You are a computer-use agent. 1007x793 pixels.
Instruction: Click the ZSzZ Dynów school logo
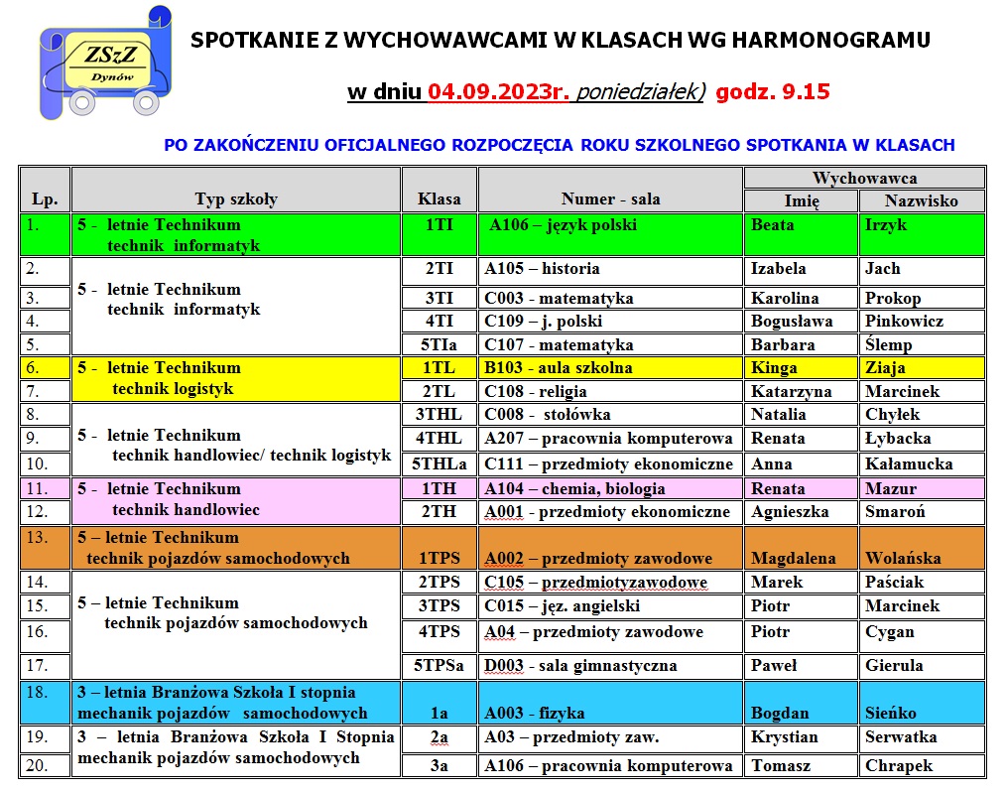(x=100, y=62)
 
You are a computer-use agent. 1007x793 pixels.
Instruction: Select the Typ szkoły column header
(x=236, y=198)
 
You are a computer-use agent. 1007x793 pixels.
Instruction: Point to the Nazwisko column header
(x=922, y=200)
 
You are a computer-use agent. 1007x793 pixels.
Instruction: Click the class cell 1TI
(x=439, y=225)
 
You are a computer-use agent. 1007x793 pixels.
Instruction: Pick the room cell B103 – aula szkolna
(x=558, y=368)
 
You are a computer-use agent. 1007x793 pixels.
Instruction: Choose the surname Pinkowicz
(x=904, y=322)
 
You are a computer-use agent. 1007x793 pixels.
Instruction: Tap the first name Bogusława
(x=791, y=322)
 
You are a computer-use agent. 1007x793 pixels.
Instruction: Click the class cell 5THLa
(x=439, y=463)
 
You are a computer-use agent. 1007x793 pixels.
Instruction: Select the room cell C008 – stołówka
(x=547, y=415)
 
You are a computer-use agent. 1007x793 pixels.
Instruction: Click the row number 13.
(x=37, y=538)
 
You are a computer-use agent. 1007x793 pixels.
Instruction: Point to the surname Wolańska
(x=903, y=558)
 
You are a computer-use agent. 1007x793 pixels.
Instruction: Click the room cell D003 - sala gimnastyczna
(x=580, y=666)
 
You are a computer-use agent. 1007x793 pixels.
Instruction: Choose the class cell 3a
(x=439, y=765)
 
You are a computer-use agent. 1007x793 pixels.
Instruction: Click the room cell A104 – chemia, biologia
(x=574, y=488)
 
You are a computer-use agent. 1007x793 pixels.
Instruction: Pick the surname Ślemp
(x=888, y=345)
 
